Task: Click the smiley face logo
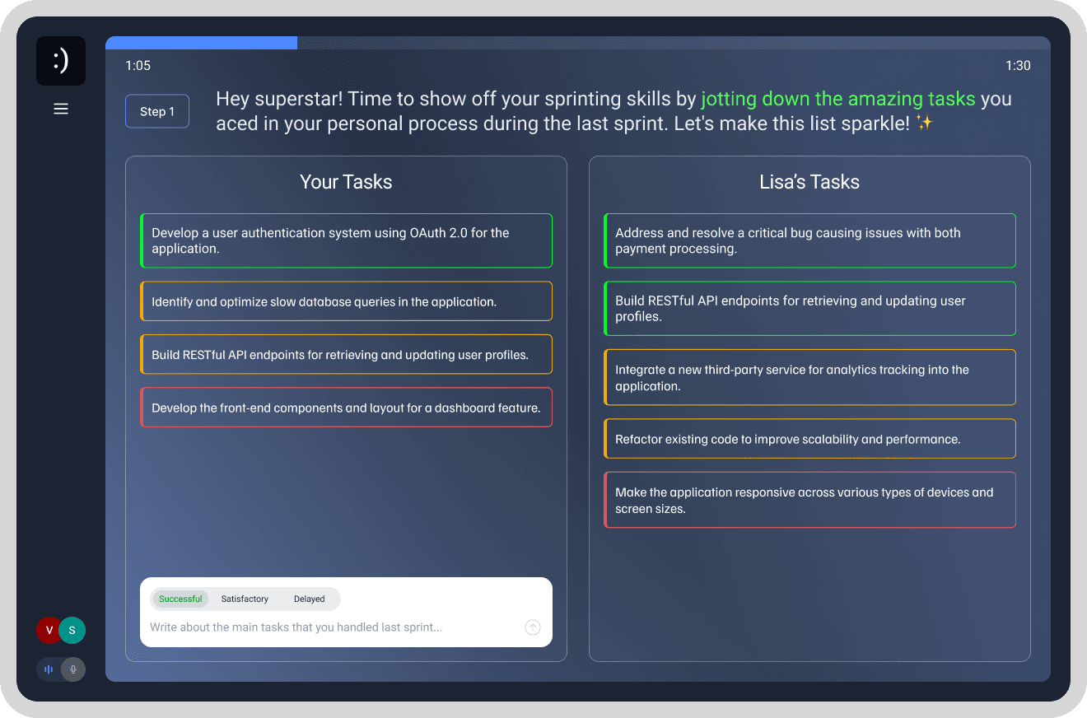(61, 61)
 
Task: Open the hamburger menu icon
(61, 109)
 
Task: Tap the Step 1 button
(157, 112)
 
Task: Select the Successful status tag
(180, 599)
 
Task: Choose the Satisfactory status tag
(245, 599)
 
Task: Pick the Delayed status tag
(309, 599)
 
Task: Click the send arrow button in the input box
(533, 627)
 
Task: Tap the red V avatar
(49, 631)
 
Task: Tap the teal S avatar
(72, 631)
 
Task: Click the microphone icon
(73, 669)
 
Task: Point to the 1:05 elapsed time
(138, 66)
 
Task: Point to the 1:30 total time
(1018, 66)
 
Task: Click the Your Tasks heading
(346, 182)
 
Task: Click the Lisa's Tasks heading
(809, 182)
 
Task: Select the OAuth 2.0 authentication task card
(346, 240)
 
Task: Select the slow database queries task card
(346, 301)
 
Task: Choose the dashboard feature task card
(346, 408)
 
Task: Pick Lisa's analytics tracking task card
(809, 377)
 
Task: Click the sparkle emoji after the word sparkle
(925, 124)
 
